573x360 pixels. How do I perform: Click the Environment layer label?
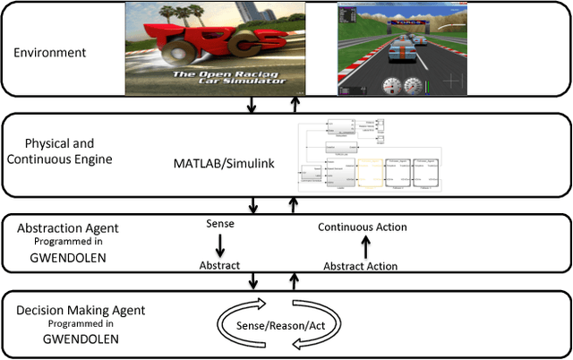click(49, 53)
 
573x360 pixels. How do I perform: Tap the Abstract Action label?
click(360, 266)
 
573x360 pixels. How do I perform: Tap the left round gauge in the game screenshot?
click(390, 86)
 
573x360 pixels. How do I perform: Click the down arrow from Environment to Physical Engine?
click(252, 105)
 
